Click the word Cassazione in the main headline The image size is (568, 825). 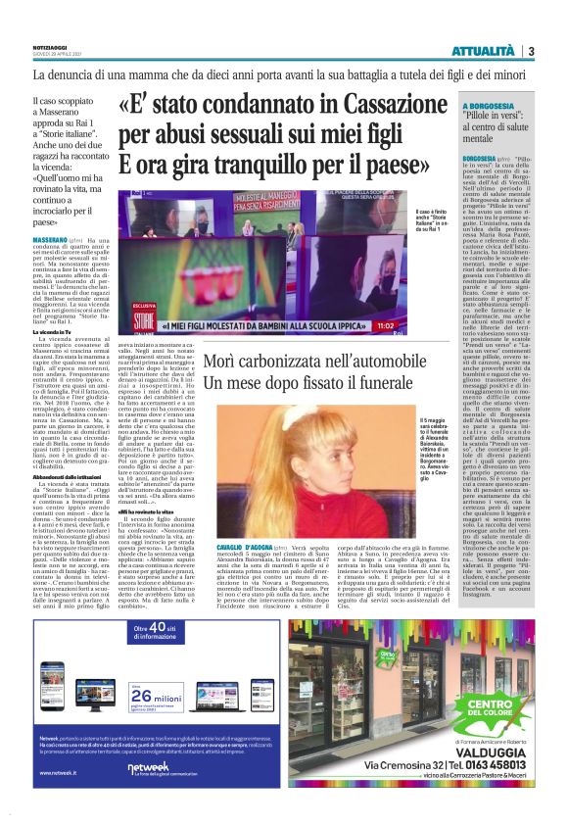coord(371,103)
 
